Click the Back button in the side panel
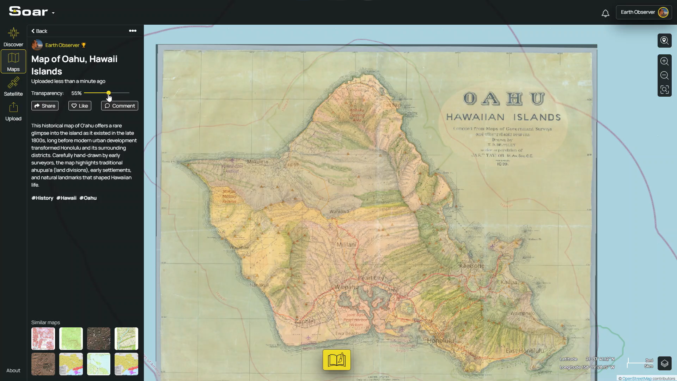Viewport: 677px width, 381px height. pos(39,31)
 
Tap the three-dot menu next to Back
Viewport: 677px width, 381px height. pos(133,31)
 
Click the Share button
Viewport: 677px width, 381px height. pos(45,106)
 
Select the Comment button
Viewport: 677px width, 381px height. pos(120,106)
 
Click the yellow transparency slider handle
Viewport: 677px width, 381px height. pos(109,93)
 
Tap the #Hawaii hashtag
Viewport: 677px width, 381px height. pos(66,198)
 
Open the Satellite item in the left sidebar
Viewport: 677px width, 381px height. pos(13,87)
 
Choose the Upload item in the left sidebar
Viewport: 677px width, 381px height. pos(13,111)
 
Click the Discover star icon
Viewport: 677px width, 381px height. pos(13,33)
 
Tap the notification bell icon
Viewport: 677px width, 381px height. pos(605,13)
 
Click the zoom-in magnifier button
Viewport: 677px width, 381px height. pos(664,61)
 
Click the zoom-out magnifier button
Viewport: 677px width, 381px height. pos(664,75)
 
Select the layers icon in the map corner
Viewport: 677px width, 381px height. pos(664,363)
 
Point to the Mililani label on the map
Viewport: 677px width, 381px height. pos(346,244)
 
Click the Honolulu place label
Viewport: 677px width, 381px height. pos(440,340)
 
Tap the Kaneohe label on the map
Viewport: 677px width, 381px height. pos(471,266)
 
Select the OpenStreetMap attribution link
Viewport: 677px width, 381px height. pos(636,379)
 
